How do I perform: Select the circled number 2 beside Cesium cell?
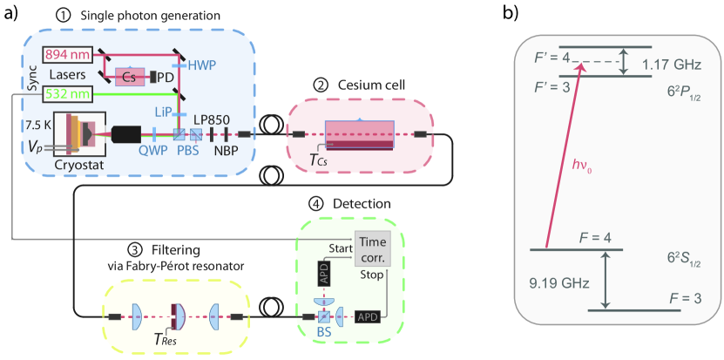point(321,86)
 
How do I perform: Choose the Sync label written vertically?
point(10,75)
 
